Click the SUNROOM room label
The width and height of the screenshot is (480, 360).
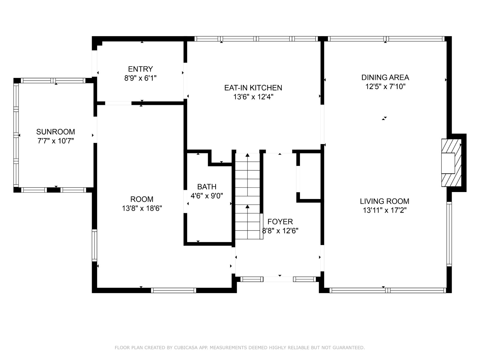(55, 132)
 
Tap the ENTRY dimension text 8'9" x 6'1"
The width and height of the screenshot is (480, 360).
(140, 78)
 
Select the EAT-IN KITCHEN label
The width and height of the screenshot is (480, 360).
(253, 88)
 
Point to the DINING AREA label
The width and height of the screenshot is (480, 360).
(385, 77)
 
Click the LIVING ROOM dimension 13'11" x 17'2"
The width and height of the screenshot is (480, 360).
(385, 210)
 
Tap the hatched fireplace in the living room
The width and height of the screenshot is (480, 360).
(451, 163)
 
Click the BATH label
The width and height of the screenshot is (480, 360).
(207, 187)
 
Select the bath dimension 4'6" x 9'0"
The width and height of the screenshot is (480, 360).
(207, 196)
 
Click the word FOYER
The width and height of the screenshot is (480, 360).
(280, 222)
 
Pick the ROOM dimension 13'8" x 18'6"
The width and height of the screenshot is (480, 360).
(142, 208)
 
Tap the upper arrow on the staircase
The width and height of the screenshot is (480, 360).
(247, 155)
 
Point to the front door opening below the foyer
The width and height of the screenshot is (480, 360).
(278, 279)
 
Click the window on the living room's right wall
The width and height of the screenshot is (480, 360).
(449, 234)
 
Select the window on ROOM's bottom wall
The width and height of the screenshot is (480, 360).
(173, 290)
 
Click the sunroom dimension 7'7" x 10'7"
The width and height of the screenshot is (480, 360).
(55, 141)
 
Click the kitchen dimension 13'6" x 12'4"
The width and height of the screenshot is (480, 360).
(253, 97)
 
